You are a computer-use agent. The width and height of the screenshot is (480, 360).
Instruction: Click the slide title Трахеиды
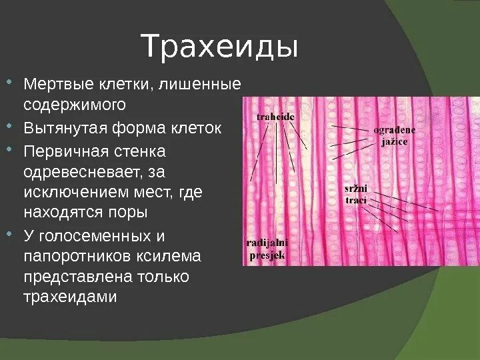coord(220,48)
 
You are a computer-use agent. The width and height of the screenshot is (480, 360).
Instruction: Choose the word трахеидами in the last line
coord(70,297)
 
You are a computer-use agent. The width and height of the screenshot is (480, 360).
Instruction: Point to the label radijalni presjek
coord(267,249)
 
